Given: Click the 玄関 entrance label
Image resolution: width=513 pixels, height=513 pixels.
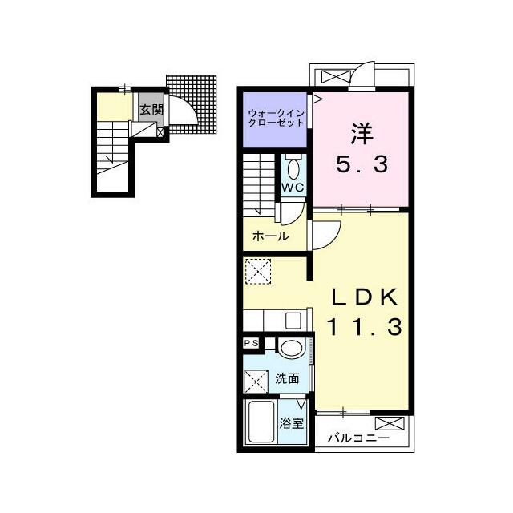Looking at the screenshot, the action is point(151,110).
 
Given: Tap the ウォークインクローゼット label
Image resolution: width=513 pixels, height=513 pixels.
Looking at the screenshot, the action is point(277,118).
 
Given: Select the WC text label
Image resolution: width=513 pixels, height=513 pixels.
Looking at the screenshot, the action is point(293,188).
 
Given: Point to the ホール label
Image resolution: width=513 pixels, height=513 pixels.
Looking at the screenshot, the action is point(271,236).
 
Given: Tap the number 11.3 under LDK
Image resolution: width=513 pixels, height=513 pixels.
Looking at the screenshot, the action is point(365,327).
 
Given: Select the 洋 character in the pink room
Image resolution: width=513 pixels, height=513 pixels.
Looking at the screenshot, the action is point(362,133).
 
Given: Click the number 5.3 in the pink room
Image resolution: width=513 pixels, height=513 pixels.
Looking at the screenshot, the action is point(362,164).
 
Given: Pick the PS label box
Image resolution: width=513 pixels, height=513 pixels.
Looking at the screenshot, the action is point(251,343).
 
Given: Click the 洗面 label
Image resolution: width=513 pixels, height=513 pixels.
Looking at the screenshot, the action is point(287,378).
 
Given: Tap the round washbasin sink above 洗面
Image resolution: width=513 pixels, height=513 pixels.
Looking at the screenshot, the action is point(291,349).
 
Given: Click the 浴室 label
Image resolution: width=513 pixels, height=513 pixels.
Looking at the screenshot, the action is point(291,424).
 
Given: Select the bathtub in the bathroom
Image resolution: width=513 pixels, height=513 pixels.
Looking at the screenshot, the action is point(261,422).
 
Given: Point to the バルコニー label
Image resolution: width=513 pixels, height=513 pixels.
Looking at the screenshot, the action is point(359,438).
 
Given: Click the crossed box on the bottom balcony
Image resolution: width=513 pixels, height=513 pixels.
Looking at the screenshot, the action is point(390,423).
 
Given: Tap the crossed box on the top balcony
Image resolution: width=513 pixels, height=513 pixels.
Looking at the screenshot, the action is point(336,77).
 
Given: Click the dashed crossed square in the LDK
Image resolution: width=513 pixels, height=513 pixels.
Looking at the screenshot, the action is point(258,272).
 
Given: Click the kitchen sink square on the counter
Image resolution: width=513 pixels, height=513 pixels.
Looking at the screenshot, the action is point(293,321).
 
